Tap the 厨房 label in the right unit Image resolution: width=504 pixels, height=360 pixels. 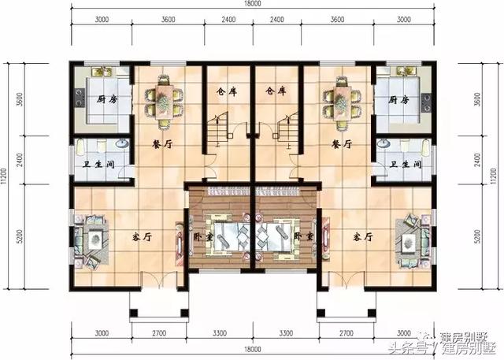point(398,99)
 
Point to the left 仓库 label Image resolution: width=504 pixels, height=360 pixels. point(226,91)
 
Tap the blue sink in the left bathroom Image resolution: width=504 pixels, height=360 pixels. point(120,144)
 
